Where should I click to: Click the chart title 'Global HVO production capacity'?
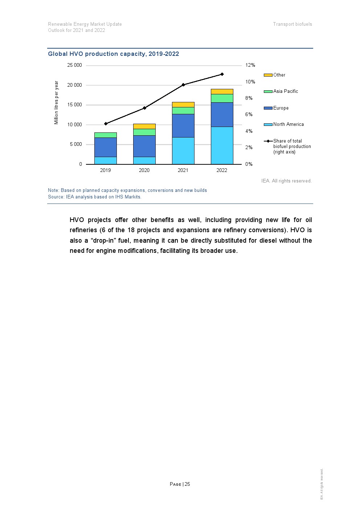point(113,54)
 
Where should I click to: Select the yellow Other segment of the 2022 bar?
point(222,91)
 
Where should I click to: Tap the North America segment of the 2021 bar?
point(183,151)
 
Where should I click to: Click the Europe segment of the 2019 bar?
point(105,147)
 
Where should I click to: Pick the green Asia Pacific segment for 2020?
point(144,132)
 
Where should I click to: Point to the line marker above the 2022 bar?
point(222,74)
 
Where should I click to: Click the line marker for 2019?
point(106,124)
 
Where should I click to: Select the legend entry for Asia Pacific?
point(285,91)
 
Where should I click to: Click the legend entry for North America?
point(288,124)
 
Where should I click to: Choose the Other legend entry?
point(279,75)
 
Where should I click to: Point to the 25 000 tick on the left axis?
point(74,65)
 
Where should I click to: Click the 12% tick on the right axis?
point(250,65)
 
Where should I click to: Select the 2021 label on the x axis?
point(183,170)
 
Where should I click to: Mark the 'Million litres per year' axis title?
point(56,102)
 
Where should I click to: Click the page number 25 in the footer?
point(187,484)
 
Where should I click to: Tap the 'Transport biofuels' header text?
point(292,24)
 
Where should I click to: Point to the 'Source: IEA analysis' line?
point(94,197)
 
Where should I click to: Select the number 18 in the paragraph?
point(131,230)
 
